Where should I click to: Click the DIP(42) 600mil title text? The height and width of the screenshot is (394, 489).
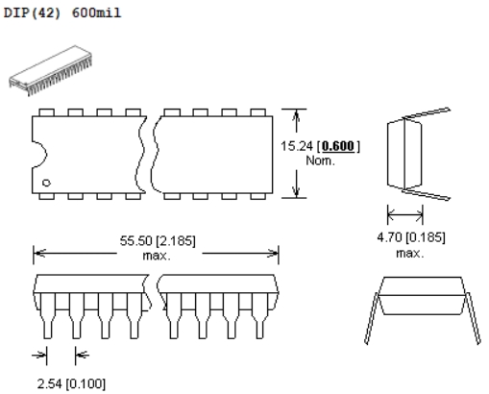click(x=62, y=12)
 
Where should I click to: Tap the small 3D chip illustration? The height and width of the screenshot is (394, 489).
click(x=51, y=70)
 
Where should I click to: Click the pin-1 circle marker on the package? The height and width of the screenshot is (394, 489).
click(x=46, y=183)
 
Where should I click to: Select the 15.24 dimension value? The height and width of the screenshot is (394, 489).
click(x=297, y=146)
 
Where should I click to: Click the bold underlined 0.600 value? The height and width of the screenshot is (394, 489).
click(x=338, y=146)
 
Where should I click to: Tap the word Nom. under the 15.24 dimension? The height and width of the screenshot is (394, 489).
click(x=320, y=160)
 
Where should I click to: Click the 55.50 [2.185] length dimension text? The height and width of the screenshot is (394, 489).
click(x=158, y=241)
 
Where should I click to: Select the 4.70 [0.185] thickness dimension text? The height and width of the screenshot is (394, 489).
click(x=411, y=237)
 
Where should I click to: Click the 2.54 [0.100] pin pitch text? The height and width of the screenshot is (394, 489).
click(x=71, y=383)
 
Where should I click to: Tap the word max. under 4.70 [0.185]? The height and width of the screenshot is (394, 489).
click(x=409, y=254)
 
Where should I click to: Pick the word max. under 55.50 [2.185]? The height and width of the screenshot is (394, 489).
click(x=157, y=256)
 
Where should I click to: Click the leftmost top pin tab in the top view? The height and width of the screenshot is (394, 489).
click(x=46, y=112)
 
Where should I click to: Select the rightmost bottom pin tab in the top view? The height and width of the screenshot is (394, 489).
click(x=257, y=196)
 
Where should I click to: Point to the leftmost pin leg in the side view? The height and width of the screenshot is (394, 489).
click(x=48, y=315)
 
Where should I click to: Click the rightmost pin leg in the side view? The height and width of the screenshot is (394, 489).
click(x=259, y=315)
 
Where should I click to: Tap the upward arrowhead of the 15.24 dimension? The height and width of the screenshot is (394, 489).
click(x=297, y=116)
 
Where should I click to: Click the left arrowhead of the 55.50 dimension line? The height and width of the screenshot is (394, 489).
click(x=39, y=254)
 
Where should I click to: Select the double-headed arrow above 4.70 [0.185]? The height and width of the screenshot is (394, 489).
click(x=405, y=213)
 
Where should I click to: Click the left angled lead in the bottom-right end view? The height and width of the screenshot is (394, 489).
click(x=372, y=318)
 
